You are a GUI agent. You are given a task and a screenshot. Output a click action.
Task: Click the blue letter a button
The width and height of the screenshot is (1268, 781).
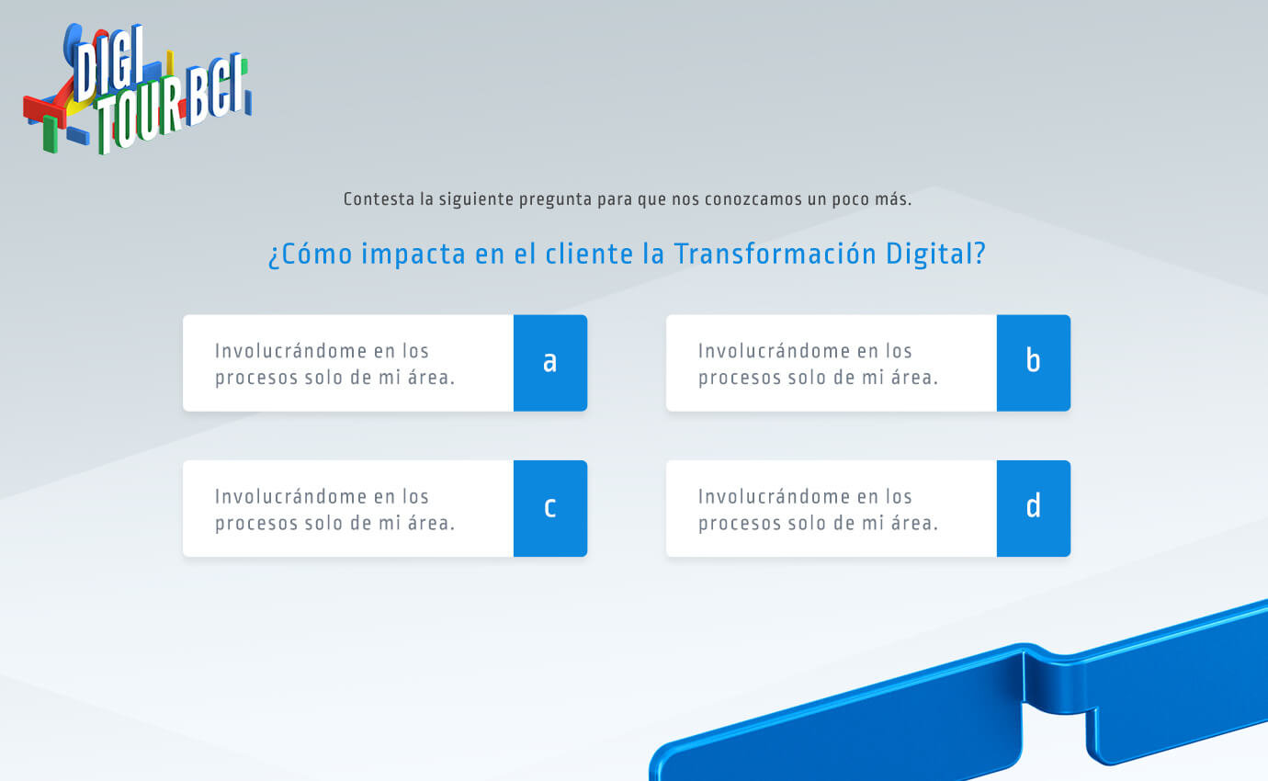click(x=550, y=363)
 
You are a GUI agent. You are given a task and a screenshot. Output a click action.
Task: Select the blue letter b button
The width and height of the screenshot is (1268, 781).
click(x=1034, y=363)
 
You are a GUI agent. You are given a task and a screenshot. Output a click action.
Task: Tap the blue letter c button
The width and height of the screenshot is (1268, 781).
click(x=550, y=508)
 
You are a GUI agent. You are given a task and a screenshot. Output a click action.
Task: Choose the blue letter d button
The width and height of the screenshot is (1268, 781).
click(x=1034, y=508)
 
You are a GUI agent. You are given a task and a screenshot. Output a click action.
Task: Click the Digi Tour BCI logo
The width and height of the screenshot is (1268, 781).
click(x=138, y=89)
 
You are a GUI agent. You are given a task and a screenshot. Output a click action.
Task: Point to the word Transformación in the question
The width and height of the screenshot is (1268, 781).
click(x=775, y=254)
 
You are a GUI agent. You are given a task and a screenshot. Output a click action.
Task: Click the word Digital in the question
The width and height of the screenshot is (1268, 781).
click(x=935, y=255)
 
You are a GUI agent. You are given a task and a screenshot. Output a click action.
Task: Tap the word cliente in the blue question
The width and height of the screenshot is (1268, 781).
click(x=589, y=254)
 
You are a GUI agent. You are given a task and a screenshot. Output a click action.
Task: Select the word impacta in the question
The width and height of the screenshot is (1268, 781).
click(x=413, y=255)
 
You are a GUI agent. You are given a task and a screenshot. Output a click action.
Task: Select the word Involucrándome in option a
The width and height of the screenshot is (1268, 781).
click(x=291, y=351)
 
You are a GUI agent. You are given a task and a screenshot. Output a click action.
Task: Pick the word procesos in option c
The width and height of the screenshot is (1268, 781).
click(x=256, y=524)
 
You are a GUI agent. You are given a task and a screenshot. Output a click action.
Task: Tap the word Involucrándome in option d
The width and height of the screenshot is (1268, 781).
click(x=775, y=496)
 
